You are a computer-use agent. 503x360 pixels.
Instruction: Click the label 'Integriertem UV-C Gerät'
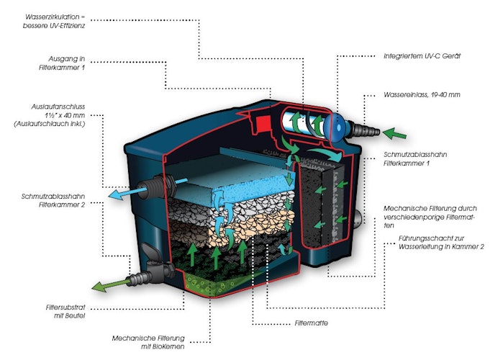click(x=422, y=56)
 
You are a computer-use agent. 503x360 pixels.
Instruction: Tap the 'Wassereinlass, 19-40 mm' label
click(x=422, y=94)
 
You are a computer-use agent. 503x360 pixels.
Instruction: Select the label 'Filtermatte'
click(x=311, y=323)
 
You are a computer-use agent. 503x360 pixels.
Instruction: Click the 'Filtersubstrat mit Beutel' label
click(x=65, y=312)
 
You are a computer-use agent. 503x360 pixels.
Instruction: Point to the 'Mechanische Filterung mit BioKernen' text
click(x=148, y=342)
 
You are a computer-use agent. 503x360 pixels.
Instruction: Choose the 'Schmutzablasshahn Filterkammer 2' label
click(x=53, y=201)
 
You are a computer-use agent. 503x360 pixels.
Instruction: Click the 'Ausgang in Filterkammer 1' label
click(x=62, y=63)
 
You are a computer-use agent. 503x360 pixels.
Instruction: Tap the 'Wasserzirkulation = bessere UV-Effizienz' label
click(x=54, y=21)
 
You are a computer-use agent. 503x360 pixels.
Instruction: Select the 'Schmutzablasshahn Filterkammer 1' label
click(x=415, y=159)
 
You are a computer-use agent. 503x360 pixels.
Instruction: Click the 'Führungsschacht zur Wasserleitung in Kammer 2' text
click(x=441, y=243)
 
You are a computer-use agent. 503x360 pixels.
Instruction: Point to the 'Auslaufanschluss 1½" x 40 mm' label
click(x=50, y=115)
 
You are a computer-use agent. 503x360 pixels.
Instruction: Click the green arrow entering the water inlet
click(x=394, y=133)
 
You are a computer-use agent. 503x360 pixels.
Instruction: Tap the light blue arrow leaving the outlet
click(x=127, y=194)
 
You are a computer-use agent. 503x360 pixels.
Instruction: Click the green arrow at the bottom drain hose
click(x=111, y=285)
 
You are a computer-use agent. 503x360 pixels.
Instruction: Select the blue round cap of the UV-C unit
click(x=336, y=127)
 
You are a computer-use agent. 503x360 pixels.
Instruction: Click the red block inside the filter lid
click(x=263, y=124)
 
